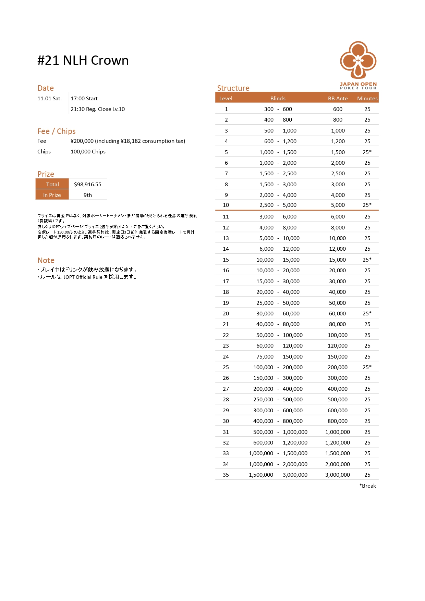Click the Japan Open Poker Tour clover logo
coord(358,61)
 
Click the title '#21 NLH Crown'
coord(83,61)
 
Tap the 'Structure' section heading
coord(233,88)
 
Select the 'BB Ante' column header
coord(338,98)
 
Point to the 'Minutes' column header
coord(367,98)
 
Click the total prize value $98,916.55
coord(88,184)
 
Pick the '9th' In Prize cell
coord(88,195)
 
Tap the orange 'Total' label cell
coord(52,184)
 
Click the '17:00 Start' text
coord(84,98)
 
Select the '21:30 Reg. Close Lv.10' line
coord(98,109)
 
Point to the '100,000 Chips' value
coord(88,151)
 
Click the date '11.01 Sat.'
coord(50,98)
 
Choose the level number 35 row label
coord(226,475)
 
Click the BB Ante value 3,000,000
coord(338,475)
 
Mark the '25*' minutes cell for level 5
coord(367,152)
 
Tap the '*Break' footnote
coord(367,486)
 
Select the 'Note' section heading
coord(46,260)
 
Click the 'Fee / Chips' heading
coord(57,131)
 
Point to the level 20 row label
coord(226,313)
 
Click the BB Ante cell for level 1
coord(338,109)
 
